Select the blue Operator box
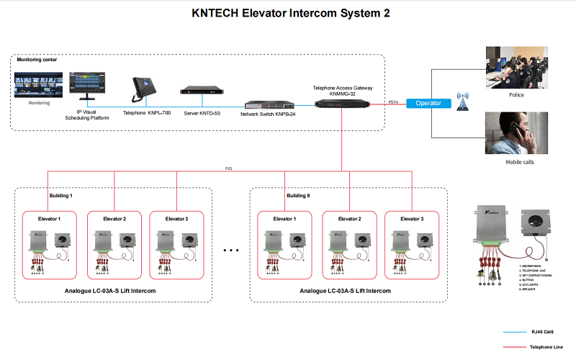click(428, 103)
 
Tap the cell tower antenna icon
click(461, 102)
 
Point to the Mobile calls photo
click(515, 134)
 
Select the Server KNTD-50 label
click(201, 113)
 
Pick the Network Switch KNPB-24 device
click(269, 105)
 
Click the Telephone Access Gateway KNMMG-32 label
click(342, 90)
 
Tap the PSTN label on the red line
click(393, 102)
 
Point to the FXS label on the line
click(228, 168)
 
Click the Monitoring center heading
click(37, 60)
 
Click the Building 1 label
click(60, 195)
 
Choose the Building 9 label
click(298, 195)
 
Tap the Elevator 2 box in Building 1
click(114, 244)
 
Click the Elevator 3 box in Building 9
click(412, 244)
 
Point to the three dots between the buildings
click(230, 251)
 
